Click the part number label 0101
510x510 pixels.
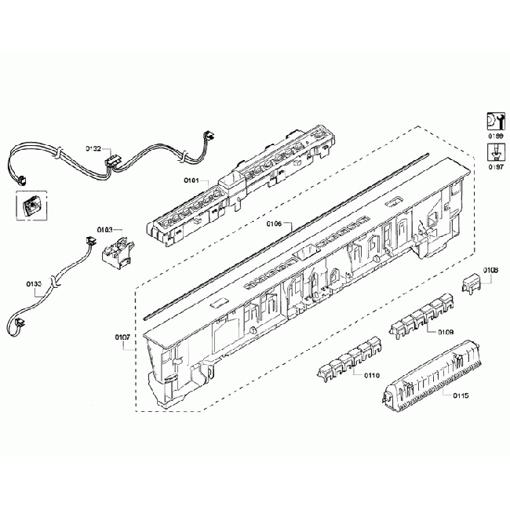[x=193, y=181]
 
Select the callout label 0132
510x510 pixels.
[x=93, y=148]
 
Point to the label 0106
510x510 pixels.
[x=273, y=224]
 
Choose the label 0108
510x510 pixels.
[x=490, y=271]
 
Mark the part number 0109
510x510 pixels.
[x=446, y=332]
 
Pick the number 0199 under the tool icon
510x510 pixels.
[x=496, y=137]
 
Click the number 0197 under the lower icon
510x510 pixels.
[x=496, y=166]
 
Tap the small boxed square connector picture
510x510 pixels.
[x=27, y=206]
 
